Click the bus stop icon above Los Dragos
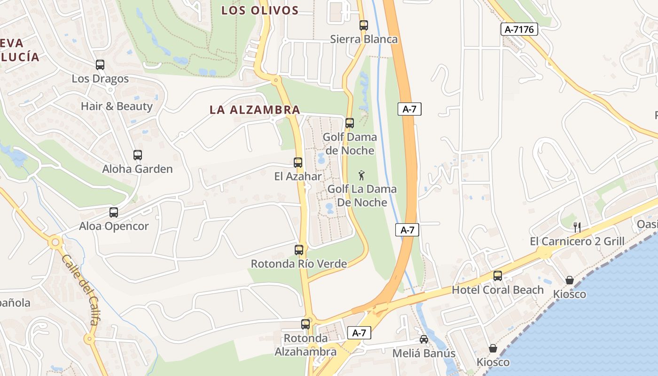100,65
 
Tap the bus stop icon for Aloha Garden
138,155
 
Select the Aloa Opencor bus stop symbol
114,212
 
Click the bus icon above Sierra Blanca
364,25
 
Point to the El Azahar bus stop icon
298,163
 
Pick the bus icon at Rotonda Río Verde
299,250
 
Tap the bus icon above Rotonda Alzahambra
305,324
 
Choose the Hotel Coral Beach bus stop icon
498,276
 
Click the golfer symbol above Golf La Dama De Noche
361,176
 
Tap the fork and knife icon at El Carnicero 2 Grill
577,227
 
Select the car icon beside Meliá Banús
424,339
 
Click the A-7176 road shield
519,30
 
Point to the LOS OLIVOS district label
260,10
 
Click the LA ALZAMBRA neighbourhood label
255,110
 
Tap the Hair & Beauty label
117,106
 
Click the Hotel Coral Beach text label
498,290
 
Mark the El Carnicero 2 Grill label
577,242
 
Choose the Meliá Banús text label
424,353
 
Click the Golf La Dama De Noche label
362,196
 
